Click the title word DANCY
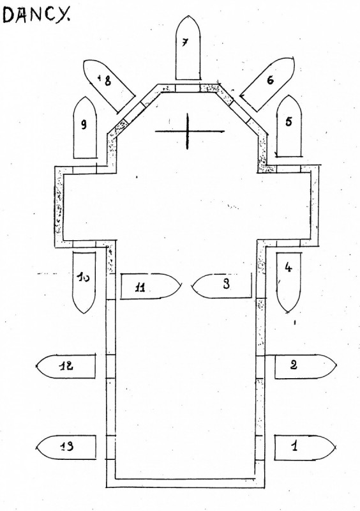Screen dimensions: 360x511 click(37, 15)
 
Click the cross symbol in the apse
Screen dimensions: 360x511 click(188, 132)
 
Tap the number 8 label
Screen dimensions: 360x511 click(107, 80)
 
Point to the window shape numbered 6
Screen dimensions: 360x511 click(267, 84)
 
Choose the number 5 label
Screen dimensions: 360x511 click(289, 121)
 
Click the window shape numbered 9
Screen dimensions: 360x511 click(85, 127)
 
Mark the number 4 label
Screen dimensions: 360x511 click(289, 268)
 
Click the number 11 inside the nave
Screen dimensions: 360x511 click(140, 288)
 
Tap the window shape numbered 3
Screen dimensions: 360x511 click(222, 286)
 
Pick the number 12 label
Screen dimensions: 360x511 click(66, 365)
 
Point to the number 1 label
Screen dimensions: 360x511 click(294, 446)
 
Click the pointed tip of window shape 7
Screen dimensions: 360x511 click(188, 15)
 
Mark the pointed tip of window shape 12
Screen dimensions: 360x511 click(35, 366)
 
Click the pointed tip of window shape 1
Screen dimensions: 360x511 click(336, 447)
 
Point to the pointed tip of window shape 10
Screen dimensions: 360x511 click(84, 314)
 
